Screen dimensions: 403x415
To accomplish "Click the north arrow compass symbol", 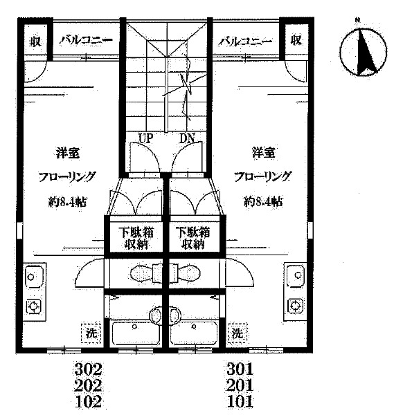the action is coord(363,52).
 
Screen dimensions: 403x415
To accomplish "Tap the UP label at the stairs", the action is coord(145,138).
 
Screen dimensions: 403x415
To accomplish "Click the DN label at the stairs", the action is coord(187,138).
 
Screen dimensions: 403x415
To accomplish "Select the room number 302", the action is coord(88,369).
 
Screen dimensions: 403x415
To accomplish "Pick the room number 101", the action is coord(240,401).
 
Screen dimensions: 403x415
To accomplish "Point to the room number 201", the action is coord(240,385).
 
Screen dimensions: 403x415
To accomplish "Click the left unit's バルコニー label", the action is coord(86,40).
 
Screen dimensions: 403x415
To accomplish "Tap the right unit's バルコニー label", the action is coord(245,41).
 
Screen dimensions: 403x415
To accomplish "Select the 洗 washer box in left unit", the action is coord(91,333).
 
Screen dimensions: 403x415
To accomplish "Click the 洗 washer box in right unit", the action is coord(238,333).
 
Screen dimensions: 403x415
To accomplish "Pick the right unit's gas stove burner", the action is coord(295,306).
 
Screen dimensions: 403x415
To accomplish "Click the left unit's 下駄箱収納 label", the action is coord(136,238).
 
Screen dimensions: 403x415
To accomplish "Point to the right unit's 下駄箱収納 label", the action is coord(193,238).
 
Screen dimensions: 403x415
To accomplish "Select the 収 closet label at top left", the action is coord(35,41).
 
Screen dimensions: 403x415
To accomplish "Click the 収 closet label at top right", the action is coord(296,40).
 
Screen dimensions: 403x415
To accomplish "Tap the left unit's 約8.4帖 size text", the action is coord(67,202).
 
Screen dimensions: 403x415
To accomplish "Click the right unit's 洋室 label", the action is coord(263,153).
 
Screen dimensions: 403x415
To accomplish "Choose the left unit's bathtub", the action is coord(136,334).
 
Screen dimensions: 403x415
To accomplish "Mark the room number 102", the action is coord(88,401).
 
